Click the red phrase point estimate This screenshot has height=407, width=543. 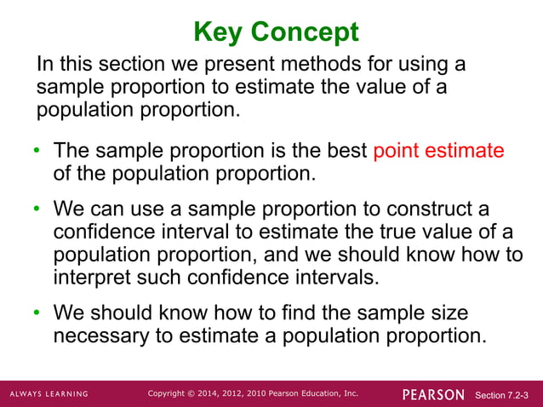pos(438,152)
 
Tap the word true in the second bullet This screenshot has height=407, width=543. pos(395,232)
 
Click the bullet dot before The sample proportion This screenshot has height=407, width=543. pos(37,152)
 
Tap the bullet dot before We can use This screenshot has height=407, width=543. pos(37,210)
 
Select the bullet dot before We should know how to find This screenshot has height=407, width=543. pos(37,314)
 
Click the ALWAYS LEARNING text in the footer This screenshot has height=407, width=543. pos(49,394)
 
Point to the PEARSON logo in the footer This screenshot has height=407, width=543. pos(433,394)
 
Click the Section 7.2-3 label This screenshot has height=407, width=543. pos(502,395)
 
